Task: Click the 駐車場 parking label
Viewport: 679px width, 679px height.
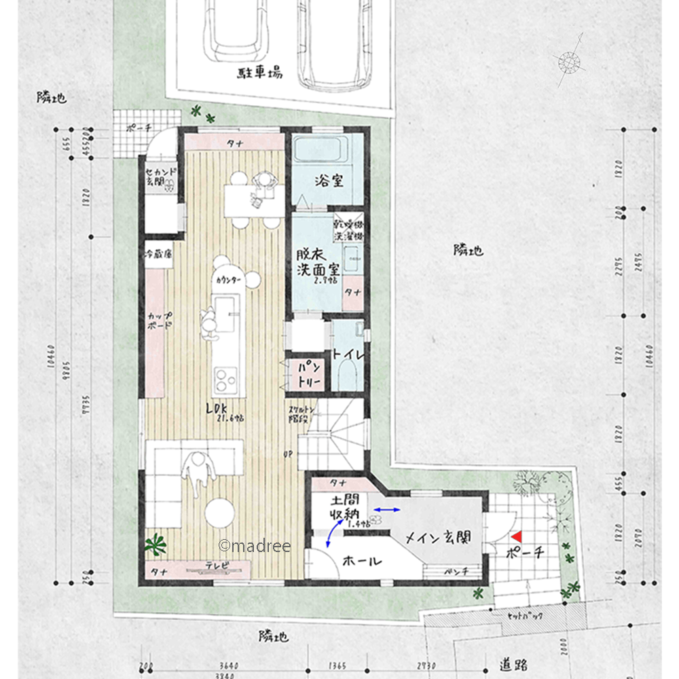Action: [260, 73]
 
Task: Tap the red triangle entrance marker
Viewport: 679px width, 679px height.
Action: [517, 536]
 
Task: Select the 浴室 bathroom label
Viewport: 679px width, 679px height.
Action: [329, 181]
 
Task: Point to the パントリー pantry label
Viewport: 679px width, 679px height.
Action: [302, 373]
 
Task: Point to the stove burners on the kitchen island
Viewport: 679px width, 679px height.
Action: [225, 375]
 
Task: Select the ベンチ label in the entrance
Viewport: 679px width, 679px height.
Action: [456, 572]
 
